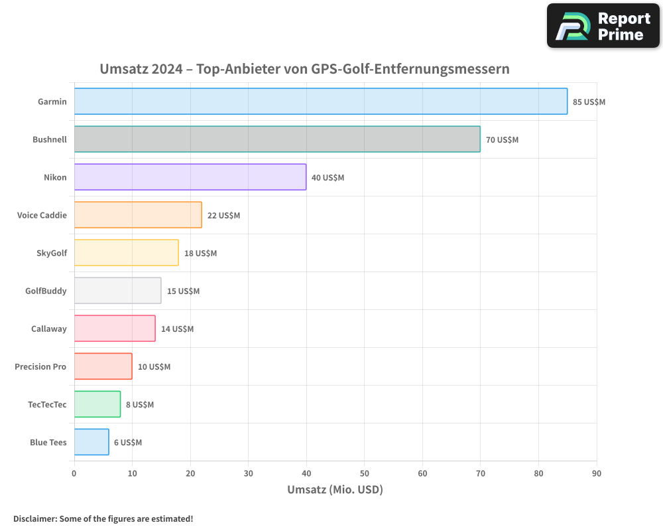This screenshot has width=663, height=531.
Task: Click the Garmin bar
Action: [x=320, y=102]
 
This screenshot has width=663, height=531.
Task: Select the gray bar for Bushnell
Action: [x=277, y=139]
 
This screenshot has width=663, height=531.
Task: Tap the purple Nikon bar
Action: [x=190, y=177]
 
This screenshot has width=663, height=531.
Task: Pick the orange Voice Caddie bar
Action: [x=138, y=215]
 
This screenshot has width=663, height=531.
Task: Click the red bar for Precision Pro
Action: [x=103, y=366]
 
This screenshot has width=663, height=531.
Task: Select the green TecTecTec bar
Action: [x=97, y=404]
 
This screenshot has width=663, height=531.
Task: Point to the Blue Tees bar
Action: [x=91, y=442]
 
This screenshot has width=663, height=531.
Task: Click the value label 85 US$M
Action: [x=589, y=102]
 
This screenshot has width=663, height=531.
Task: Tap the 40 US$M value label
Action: [x=328, y=178]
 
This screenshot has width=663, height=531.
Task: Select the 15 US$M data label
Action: [x=183, y=291]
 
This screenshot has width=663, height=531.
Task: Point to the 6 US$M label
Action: [x=127, y=443]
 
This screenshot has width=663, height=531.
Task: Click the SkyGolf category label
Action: [x=52, y=253]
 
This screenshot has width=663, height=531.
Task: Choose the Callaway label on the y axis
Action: [x=49, y=329]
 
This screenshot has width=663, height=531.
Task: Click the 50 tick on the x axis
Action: [x=364, y=473]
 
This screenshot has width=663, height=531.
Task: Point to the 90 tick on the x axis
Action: [x=596, y=473]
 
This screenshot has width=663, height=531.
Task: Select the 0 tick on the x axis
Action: [x=74, y=473]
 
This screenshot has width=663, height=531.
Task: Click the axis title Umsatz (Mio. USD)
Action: [x=335, y=490]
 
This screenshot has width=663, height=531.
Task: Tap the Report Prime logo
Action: [x=603, y=26]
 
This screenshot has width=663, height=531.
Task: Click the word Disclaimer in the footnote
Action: [x=34, y=518]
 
